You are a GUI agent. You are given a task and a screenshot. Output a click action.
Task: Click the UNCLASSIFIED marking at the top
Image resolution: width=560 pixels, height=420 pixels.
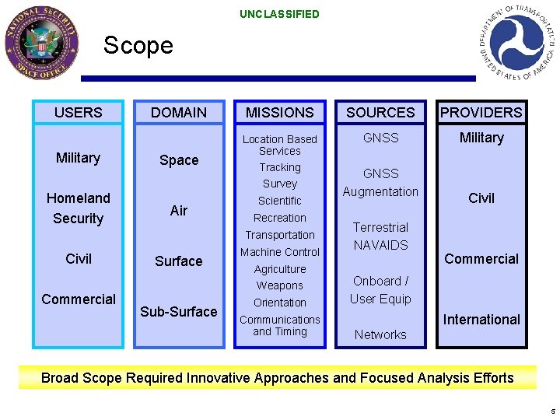click(279, 14)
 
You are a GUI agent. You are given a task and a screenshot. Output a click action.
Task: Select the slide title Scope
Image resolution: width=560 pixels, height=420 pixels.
click(138, 45)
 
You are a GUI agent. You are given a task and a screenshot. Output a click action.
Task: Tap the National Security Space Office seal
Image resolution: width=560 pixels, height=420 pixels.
click(41, 42)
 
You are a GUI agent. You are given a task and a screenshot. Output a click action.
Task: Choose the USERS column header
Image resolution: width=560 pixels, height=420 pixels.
click(78, 113)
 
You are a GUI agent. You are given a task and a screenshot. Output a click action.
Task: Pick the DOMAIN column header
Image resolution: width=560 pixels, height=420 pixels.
click(179, 113)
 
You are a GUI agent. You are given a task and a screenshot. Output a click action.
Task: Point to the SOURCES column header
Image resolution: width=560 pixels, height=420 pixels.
click(380, 113)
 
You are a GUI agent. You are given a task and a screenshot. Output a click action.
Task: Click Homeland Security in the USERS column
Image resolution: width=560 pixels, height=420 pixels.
click(78, 208)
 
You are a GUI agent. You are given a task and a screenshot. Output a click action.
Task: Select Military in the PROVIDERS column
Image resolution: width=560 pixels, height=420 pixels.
click(481, 138)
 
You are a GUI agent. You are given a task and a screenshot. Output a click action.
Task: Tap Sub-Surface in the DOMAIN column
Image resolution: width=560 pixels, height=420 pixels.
click(179, 312)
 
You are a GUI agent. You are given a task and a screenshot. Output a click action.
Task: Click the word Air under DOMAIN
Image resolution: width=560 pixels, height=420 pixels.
click(179, 210)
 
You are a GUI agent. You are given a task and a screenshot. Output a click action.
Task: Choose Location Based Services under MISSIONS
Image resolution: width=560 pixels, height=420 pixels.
click(280, 145)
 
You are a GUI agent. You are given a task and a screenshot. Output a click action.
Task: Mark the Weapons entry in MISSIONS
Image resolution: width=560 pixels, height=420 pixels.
click(280, 285)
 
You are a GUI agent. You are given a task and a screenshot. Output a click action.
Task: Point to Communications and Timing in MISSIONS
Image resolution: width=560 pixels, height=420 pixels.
click(280, 325)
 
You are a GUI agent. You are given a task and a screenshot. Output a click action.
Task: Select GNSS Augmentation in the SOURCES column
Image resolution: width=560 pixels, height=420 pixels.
click(380, 183)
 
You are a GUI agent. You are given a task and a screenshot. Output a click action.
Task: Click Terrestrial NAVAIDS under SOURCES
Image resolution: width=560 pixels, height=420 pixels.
click(380, 236)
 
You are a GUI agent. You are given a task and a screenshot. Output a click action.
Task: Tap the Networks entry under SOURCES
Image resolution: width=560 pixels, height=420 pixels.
click(380, 334)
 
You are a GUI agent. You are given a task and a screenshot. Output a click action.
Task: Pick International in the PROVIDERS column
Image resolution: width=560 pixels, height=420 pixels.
click(481, 320)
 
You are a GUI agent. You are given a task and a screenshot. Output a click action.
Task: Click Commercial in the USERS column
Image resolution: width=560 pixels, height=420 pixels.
click(78, 299)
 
